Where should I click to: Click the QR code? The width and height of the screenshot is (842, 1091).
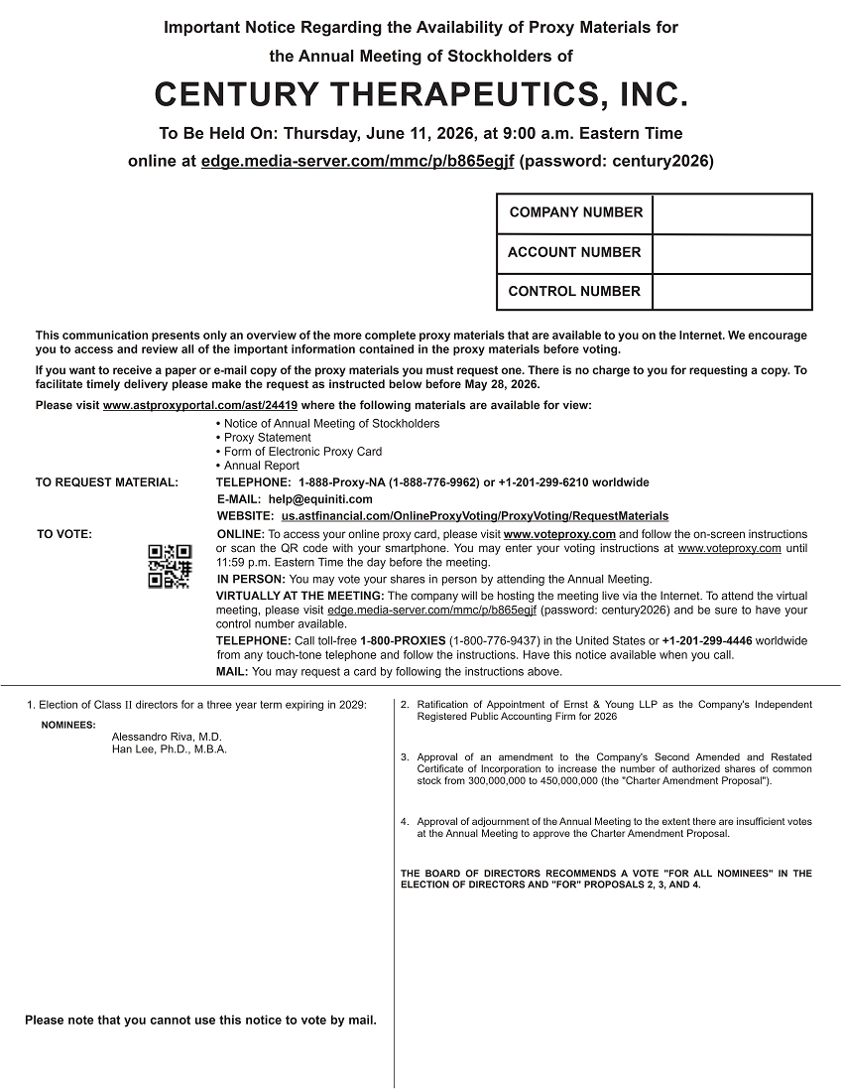tap(170, 566)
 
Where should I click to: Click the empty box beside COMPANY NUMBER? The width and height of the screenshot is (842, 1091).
tap(732, 213)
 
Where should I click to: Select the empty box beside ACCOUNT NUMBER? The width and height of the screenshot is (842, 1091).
tap(732, 253)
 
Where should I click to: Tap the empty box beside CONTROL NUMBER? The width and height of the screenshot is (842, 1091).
tap(732, 291)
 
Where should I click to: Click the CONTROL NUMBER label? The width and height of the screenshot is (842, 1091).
tap(574, 291)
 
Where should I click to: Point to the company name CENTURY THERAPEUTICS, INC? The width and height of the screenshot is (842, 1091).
tap(421, 95)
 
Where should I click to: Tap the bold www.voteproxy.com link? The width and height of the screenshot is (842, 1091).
tap(559, 534)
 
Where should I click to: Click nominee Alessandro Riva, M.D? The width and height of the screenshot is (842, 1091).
tap(168, 737)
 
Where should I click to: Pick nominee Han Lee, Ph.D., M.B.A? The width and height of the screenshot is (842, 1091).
tap(170, 750)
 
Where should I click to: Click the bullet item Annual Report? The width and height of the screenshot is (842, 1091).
tap(262, 466)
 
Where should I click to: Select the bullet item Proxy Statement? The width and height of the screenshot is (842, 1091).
tap(268, 438)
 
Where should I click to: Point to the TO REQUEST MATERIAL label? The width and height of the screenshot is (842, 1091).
tap(107, 482)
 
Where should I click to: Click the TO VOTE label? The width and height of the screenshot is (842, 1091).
tap(64, 534)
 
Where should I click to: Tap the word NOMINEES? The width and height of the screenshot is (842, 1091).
tap(68, 725)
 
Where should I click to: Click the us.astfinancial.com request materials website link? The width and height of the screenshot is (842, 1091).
tap(475, 516)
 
